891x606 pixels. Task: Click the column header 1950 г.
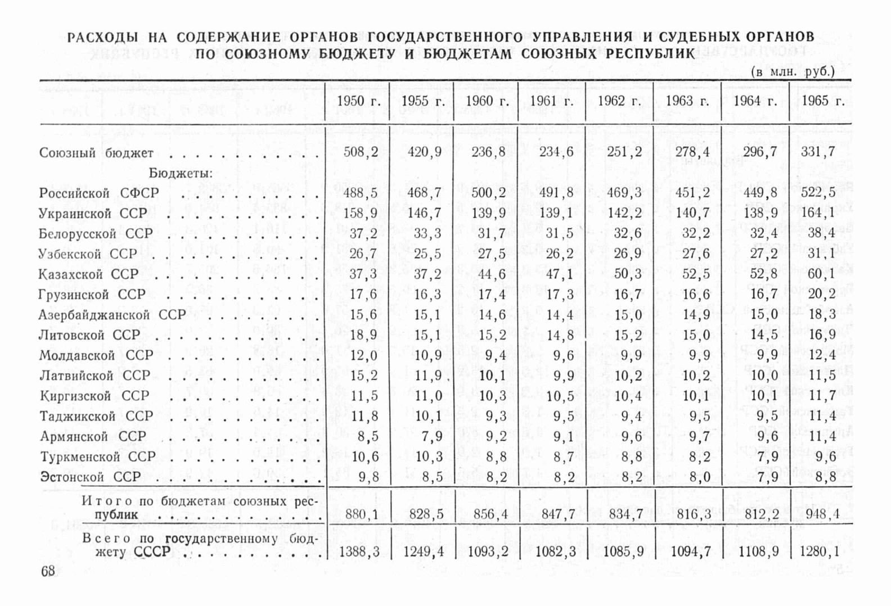pos(358,101)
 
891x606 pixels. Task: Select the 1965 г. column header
pos(823,101)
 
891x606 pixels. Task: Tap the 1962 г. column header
pos(619,101)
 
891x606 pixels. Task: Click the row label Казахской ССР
pos(88,274)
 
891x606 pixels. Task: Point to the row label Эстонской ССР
pos(90,477)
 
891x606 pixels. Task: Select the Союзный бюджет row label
pos(96,153)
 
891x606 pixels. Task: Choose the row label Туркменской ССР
pos(97,456)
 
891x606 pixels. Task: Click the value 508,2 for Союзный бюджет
pos(361,152)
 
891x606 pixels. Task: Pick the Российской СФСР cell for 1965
pos(821,192)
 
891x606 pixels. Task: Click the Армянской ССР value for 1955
pos(428,436)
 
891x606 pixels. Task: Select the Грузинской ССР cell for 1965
pos(821,294)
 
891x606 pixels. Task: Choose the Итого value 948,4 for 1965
pos(821,514)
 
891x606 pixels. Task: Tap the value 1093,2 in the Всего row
pos(487,552)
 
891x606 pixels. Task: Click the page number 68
pos(48,571)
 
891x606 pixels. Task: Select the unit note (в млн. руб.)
pos(793,71)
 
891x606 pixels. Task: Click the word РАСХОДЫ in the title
pos(102,38)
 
